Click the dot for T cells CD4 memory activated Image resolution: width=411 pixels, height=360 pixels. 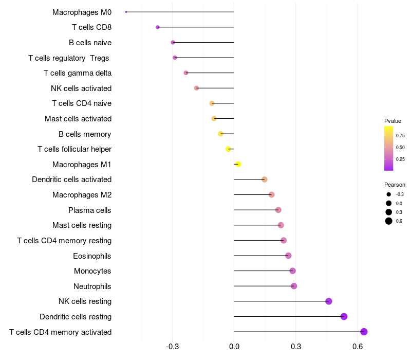[364, 332]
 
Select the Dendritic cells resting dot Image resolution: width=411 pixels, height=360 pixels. [344, 316]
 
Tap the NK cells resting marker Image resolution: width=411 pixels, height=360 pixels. [329, 301]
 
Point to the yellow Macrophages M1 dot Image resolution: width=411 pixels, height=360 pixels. [238, 164]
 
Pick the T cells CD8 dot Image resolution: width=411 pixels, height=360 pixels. [158, 27]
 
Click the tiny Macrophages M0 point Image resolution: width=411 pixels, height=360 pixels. [126, 12]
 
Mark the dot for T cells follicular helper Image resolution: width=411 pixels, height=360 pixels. [229, 149]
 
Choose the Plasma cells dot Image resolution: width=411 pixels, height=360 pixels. [278, 210]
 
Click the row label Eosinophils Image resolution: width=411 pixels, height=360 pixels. [92, 256]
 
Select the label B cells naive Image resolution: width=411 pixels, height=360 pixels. [90, 42]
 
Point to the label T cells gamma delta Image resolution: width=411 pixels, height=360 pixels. [78, 73]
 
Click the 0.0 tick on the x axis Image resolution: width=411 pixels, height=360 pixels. [234, 347]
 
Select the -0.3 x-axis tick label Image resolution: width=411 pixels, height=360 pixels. [172, 347]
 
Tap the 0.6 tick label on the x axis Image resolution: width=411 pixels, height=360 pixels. [358, 347]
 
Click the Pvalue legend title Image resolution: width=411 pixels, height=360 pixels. [393, 121]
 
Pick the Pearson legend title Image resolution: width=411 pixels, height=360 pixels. [395, 185]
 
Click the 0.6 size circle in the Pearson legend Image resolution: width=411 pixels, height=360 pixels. [389, 221]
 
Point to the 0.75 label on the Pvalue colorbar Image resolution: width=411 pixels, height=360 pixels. [400, 136]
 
